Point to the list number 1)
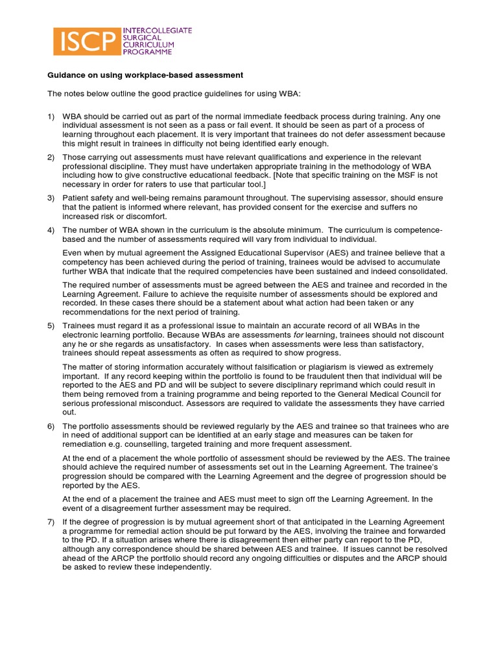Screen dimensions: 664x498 click(x=51, y=116)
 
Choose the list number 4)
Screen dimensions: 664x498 click(x=51, y=230)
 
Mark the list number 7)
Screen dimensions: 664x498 click(x=51, y=522)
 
